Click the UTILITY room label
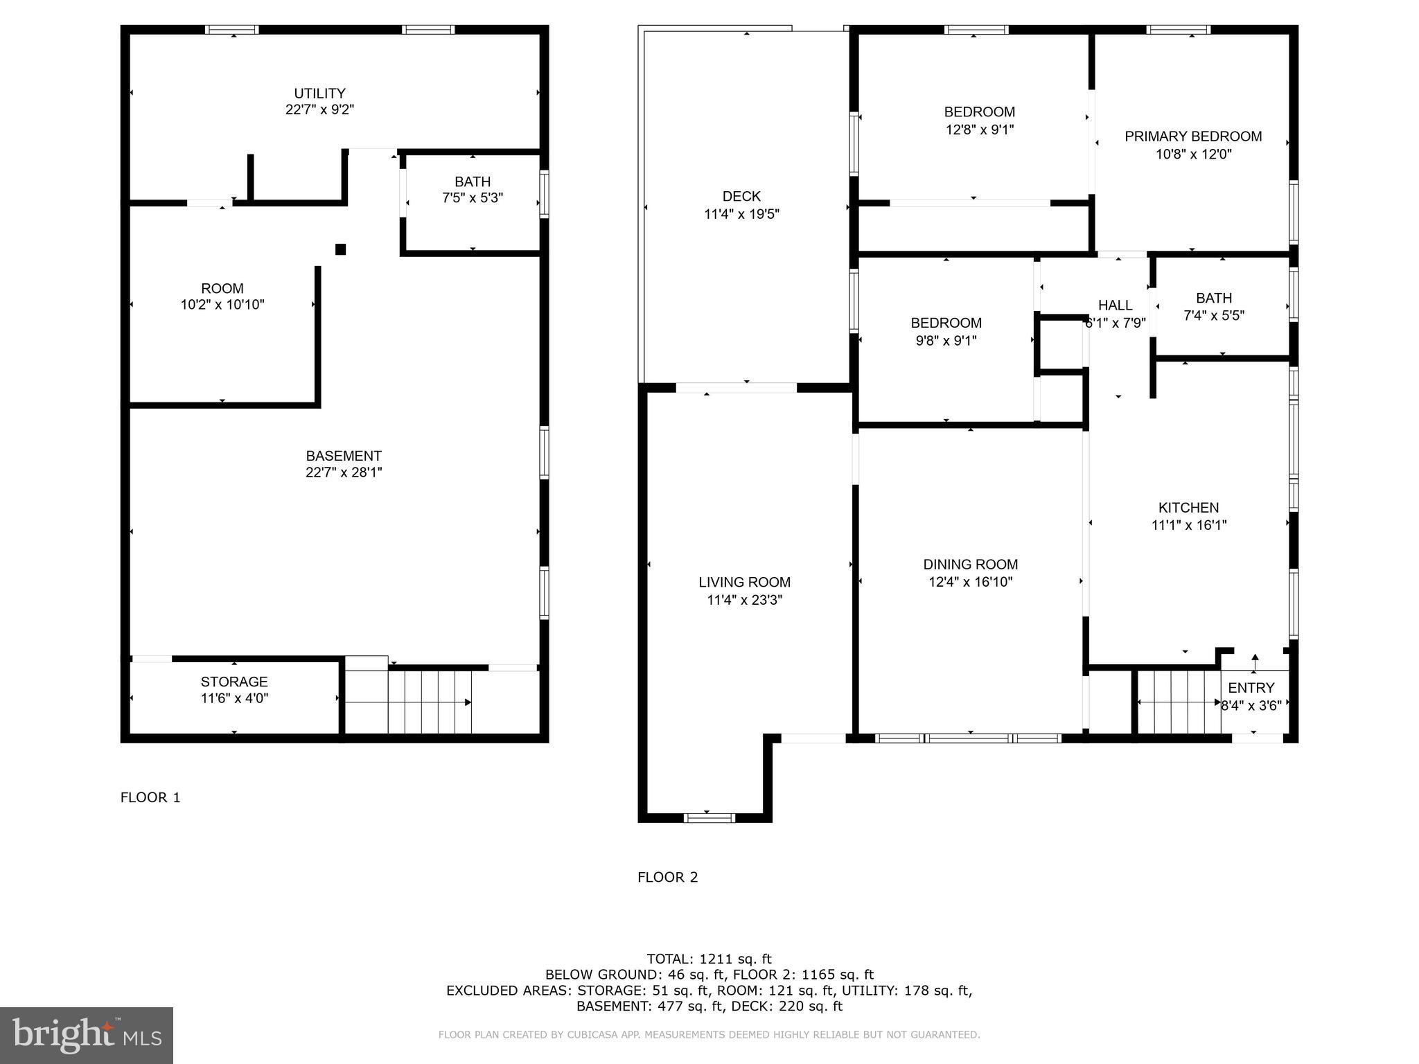coord(319,94)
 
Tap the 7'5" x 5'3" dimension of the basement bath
coord(473,198)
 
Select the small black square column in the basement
coord(340,249)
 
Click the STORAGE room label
coord(234,682)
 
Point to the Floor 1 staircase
coord(429,702)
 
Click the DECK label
coord(741,197)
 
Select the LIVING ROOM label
coord(744,583)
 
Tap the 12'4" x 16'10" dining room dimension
coord(970,582)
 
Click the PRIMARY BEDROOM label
coord(1192,136)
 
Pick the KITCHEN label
coord(1188,508)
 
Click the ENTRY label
coord(1251,688)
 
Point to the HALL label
coord(1115,305)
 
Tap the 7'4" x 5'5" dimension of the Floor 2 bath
coord(1213,316)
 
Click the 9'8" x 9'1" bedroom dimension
coord(946,341)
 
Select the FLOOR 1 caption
coord(150,797)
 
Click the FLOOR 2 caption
coord(667,878)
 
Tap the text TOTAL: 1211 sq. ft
coord(709,959)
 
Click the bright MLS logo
coord(87,1035)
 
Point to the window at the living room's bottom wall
coord(709,818)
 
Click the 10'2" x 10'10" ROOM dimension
coord(222,305)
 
